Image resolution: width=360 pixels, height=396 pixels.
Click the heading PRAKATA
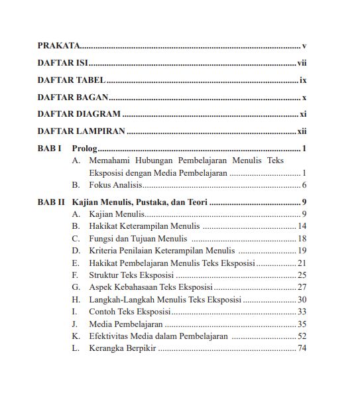click(x=58, y=46)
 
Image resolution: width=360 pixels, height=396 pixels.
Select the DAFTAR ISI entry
click(x=63, y=64)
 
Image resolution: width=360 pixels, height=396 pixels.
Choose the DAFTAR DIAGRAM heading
click(x=79, y=114)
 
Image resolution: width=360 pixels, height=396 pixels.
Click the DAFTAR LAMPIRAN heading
click(x=82, y=131)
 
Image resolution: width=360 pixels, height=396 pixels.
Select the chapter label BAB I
click(x=50, y=149)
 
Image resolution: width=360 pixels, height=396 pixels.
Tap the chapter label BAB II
click(x=51, y=202)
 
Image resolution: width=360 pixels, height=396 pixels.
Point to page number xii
click(x=302, y=131)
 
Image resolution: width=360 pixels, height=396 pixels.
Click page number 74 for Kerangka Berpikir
click(x=302, y=348)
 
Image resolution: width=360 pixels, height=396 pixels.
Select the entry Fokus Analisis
click(x=115, y=185)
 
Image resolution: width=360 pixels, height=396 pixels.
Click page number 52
click(x=302, y=336)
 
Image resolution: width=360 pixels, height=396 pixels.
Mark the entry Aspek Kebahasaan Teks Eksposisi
click(x=150, y=287)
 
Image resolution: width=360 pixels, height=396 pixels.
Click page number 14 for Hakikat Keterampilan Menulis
click(x=302, y=226)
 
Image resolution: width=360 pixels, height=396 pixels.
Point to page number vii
click(x=302, y=64)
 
